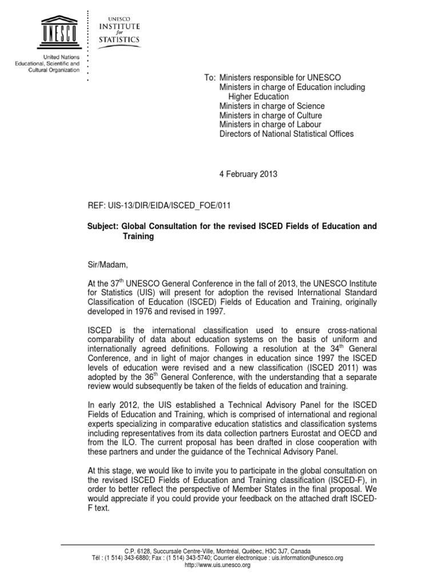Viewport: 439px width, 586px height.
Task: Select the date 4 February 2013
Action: [x=248, y=175]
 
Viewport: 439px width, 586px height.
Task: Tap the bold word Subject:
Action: [x=102, y=227]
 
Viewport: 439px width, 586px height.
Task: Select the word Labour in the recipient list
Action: [x=309, y=124]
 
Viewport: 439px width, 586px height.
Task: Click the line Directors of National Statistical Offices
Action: [x=286, y=134]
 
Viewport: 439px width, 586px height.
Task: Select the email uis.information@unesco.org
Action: [x=306, y=558]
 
